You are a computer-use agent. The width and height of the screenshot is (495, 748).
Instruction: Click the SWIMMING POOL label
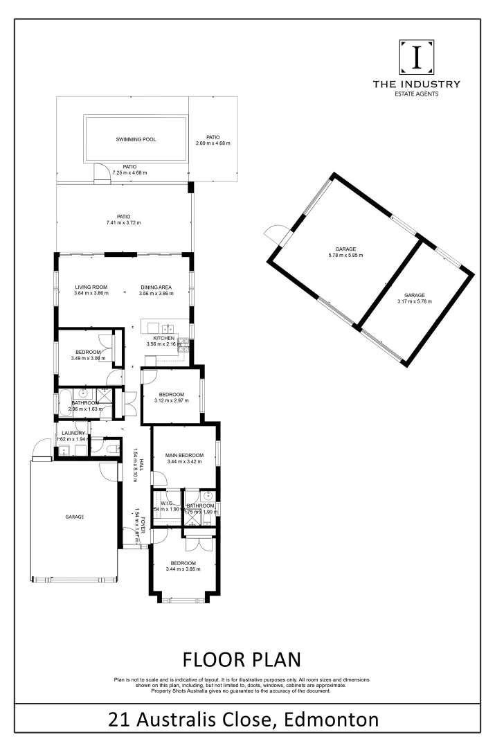(136, 139)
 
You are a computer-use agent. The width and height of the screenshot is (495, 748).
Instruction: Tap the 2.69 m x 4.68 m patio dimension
(213, 143)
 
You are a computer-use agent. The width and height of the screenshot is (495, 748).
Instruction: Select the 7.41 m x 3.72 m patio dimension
(124, 223)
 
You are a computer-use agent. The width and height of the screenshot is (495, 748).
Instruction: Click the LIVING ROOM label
(91, 287)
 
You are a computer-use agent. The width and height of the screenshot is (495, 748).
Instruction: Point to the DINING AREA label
(156, 287)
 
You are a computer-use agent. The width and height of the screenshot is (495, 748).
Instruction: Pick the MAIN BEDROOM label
(184, 455)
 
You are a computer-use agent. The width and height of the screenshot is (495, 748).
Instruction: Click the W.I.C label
(166, 504)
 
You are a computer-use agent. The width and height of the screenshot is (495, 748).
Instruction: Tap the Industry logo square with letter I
(416, 57)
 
